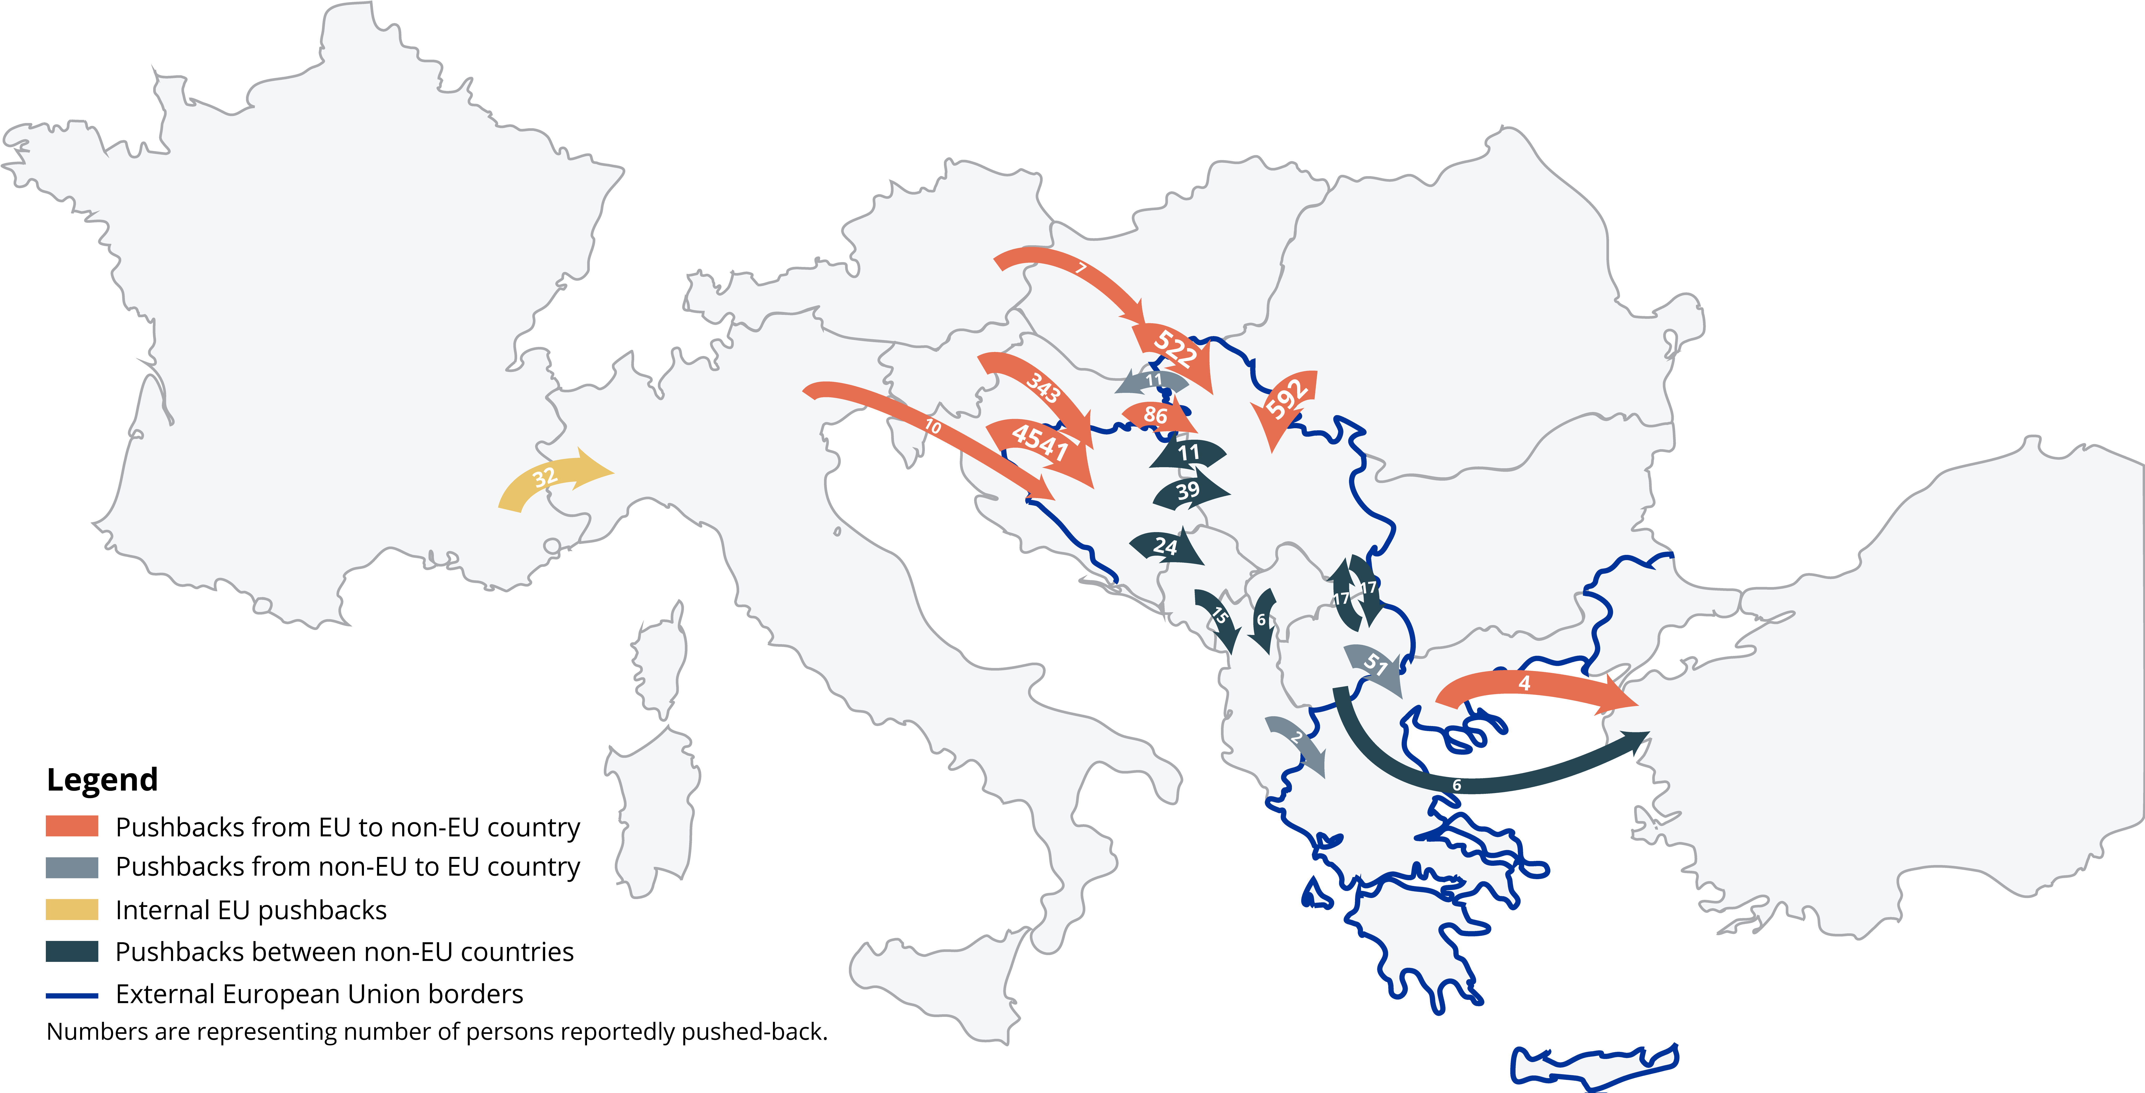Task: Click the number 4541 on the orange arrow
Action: pyautogui.click(x=1040, y=441)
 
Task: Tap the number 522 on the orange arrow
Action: pyautogui.click(x=1175, y=348)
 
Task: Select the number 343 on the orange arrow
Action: pyautogui.click(x=1043, y=388)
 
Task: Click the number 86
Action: pyautogui.click(x=1155, y=415)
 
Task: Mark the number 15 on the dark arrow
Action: pyautogui.click(x=1219, y=616)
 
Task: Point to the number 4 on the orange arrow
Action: pyautogui.click(x=1524, y=683)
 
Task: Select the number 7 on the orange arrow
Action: pyautogui.click(x=1081, y=268)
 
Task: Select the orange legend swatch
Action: pyautogui.click(x=71, y=827)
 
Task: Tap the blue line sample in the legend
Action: pyautogui.click(x=71, y=995)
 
